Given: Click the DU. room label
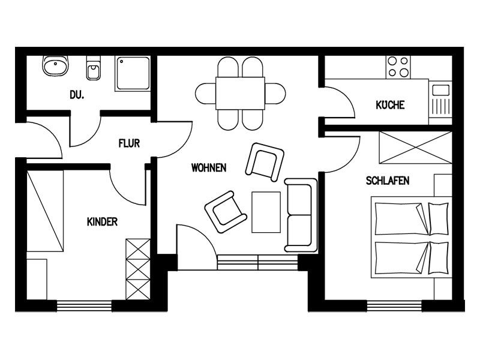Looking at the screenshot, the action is click(x=77, y=95).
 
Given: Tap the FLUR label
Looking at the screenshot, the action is click(x=129, y=143).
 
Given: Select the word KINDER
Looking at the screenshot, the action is click(x=102, y=221).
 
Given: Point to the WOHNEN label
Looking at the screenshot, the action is click(x=209, y=168).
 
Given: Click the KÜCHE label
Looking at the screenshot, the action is click(x=390, y=104).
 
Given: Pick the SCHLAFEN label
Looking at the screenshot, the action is click(x=388, y=181).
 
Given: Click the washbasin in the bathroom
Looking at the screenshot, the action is click(x=55, y=66).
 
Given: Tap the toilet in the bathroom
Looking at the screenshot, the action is click(x=94, y=68).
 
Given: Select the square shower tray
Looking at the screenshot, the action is click(x=133, y=73).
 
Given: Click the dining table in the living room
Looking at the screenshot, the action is click(x=241, y=93).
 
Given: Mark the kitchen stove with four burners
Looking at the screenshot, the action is click(x=398, y=67).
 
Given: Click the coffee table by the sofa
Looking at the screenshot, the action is click(x=266, y=212).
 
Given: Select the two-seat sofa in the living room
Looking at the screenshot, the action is click(x=301, y=215).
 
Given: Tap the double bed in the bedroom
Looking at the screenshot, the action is click(x=412, y=237).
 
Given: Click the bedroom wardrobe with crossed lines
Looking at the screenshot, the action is click(x=415, y=148).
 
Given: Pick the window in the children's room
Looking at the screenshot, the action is click(x=84, y=306).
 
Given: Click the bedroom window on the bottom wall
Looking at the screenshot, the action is click(x=394, y=306).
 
